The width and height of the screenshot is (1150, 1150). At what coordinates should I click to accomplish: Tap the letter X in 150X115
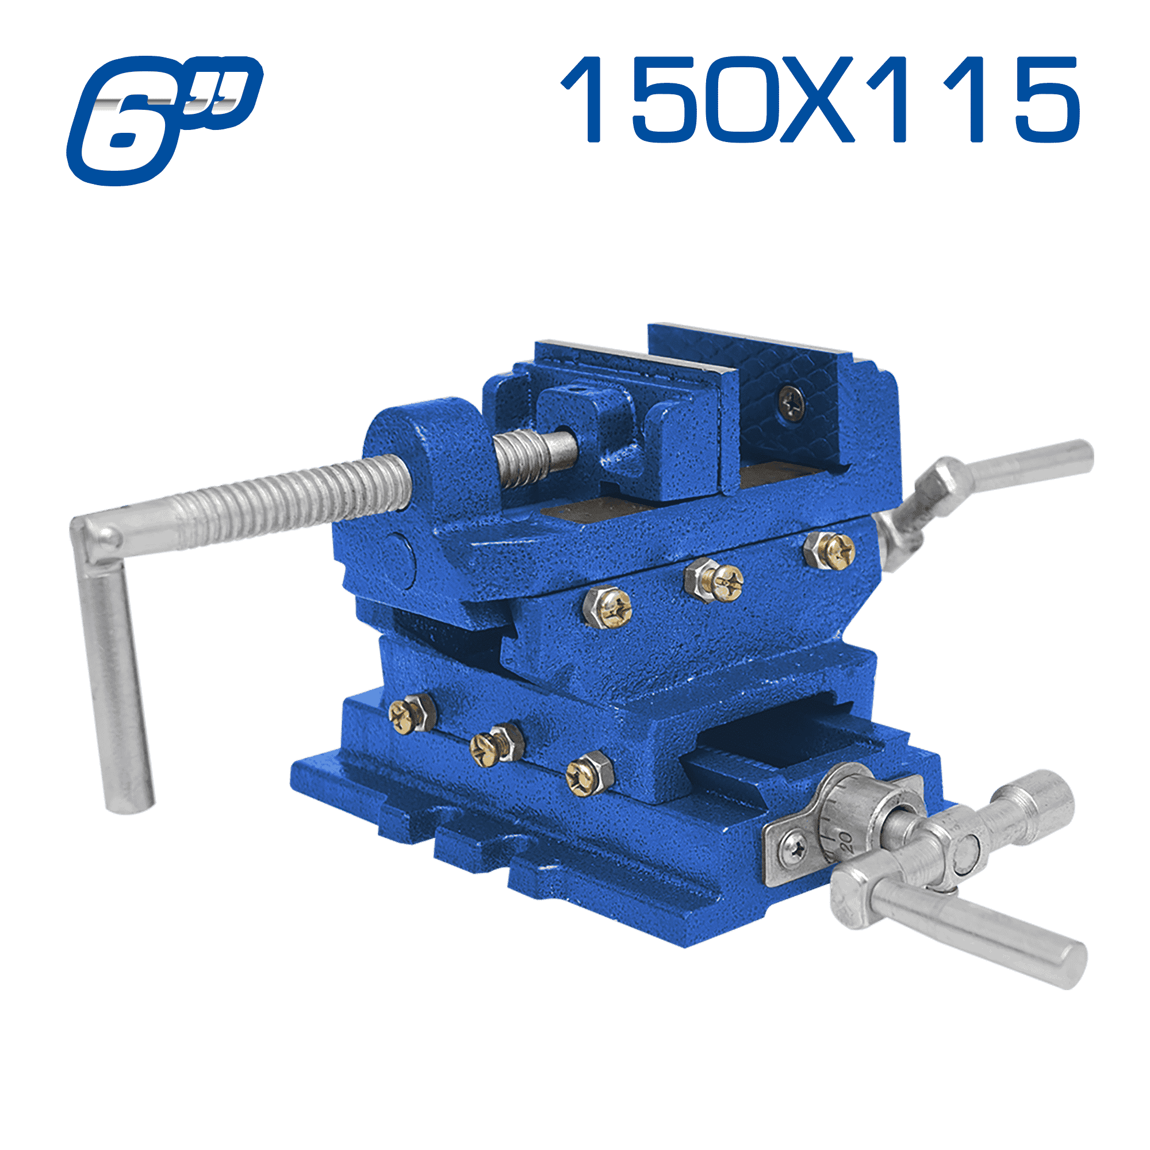tap(817, 99)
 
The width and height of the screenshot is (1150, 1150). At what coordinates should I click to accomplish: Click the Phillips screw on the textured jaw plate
tap(792, 403)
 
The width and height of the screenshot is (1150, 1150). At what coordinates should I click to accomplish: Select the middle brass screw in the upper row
tap(715, 580)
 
